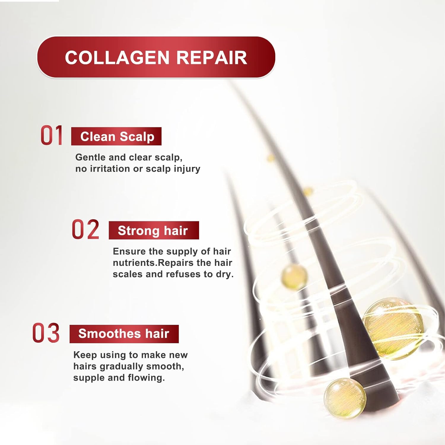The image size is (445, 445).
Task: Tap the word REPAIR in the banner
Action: pyautogui.click(x=212, y=58)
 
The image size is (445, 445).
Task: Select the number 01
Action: pyautogui.click(x=52, y=135)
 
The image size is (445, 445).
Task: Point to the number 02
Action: pyautogui.click(x=85, y=229)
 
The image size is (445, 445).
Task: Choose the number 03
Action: pyautogui.click(x=46, y=333)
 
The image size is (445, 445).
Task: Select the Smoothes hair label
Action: pyautogui.click(x=124, y=334)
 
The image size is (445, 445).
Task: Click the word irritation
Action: pyautogui.click(x=110, y=169)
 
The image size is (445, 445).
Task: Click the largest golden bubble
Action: pyautogui.click(x=393, y=329)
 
